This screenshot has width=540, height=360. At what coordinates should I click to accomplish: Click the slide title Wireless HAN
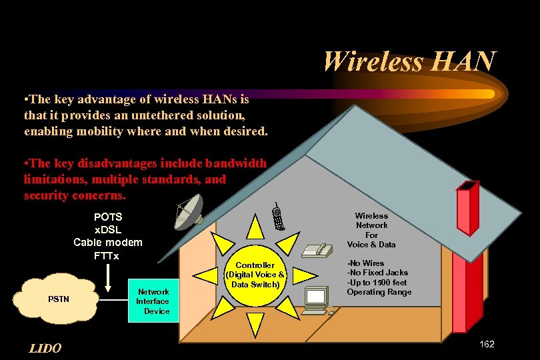click(x=409, y=61)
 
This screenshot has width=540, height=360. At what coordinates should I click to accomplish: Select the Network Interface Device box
click(x=153, y=301)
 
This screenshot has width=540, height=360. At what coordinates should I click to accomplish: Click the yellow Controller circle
click(x=255, y=275)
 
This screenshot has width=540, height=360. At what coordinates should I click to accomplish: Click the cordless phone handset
click(x=278, y=217)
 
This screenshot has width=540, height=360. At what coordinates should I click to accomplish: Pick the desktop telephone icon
click(x=317, y=250)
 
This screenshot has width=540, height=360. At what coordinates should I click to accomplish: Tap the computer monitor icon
click(x=315, y=299)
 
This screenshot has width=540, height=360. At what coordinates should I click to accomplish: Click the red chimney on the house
click(x=467, y=253)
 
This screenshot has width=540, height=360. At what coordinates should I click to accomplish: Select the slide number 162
click(x=487, y=344)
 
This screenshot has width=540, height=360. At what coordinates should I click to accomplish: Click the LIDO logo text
click(x=45, y=349)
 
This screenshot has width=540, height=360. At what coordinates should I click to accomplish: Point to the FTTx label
click(x=107, y=255)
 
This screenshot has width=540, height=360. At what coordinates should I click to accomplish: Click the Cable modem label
click(x=107, y=242)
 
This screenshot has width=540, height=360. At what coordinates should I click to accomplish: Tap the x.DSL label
click(x=107, y=229)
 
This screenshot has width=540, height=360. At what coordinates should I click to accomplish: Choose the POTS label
click(x=107, y=217)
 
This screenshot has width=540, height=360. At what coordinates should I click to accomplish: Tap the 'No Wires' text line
click(x=366, y=263)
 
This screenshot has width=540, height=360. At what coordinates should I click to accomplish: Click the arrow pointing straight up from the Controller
click(x=255, y=229)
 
